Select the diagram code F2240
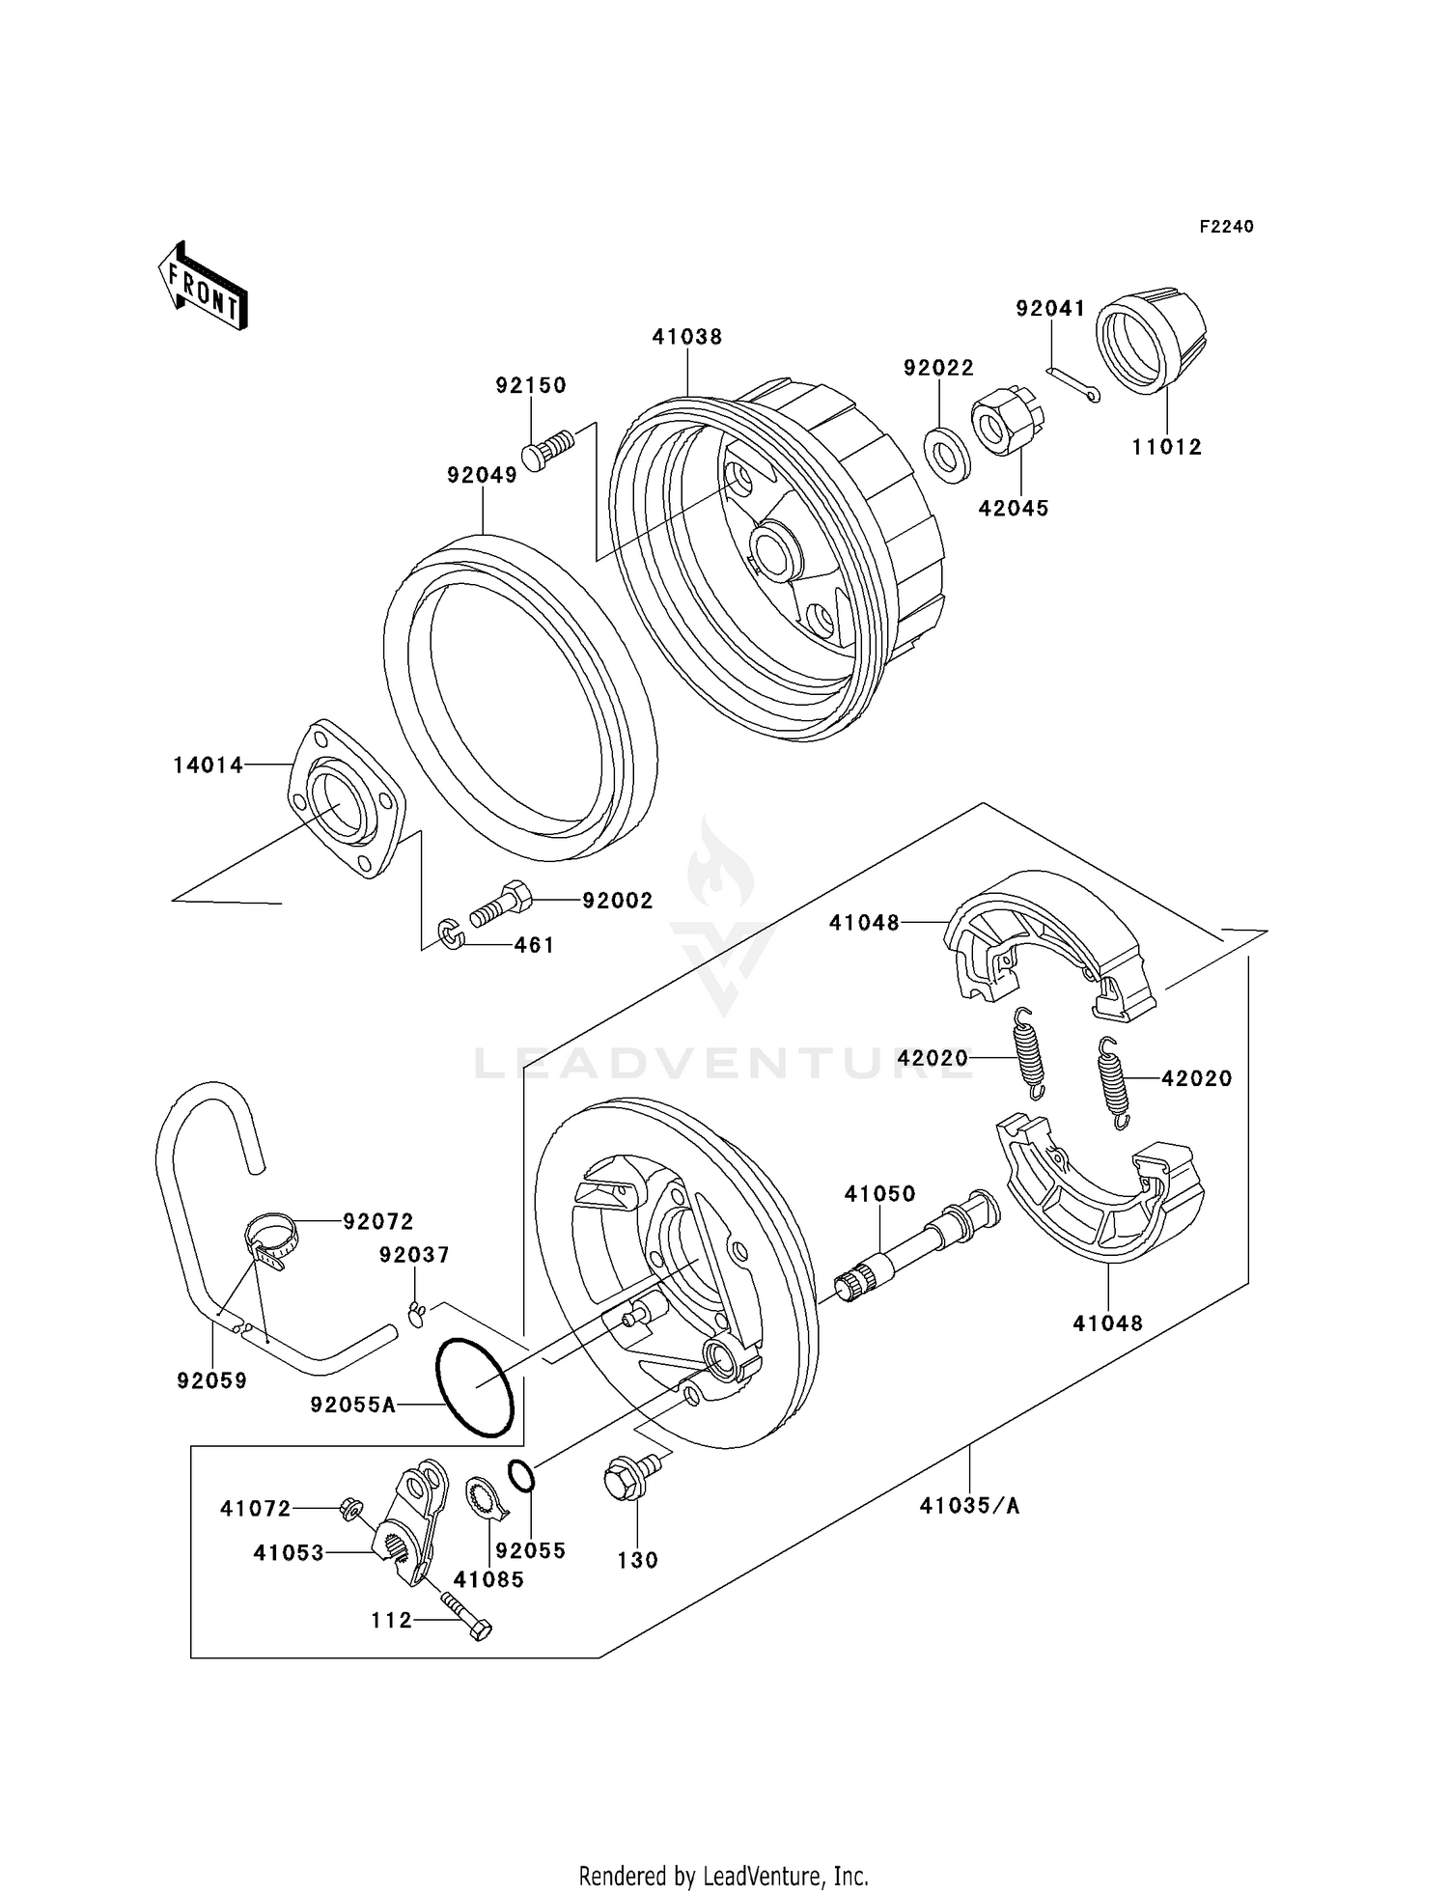click(1226, 227)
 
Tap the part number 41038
click(686, 337)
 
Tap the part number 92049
click(482, 475)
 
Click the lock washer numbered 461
click(451, 933)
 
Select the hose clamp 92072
click(270, 1240)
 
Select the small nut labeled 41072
click(349, 1508)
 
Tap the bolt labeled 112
click(467, 1615)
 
